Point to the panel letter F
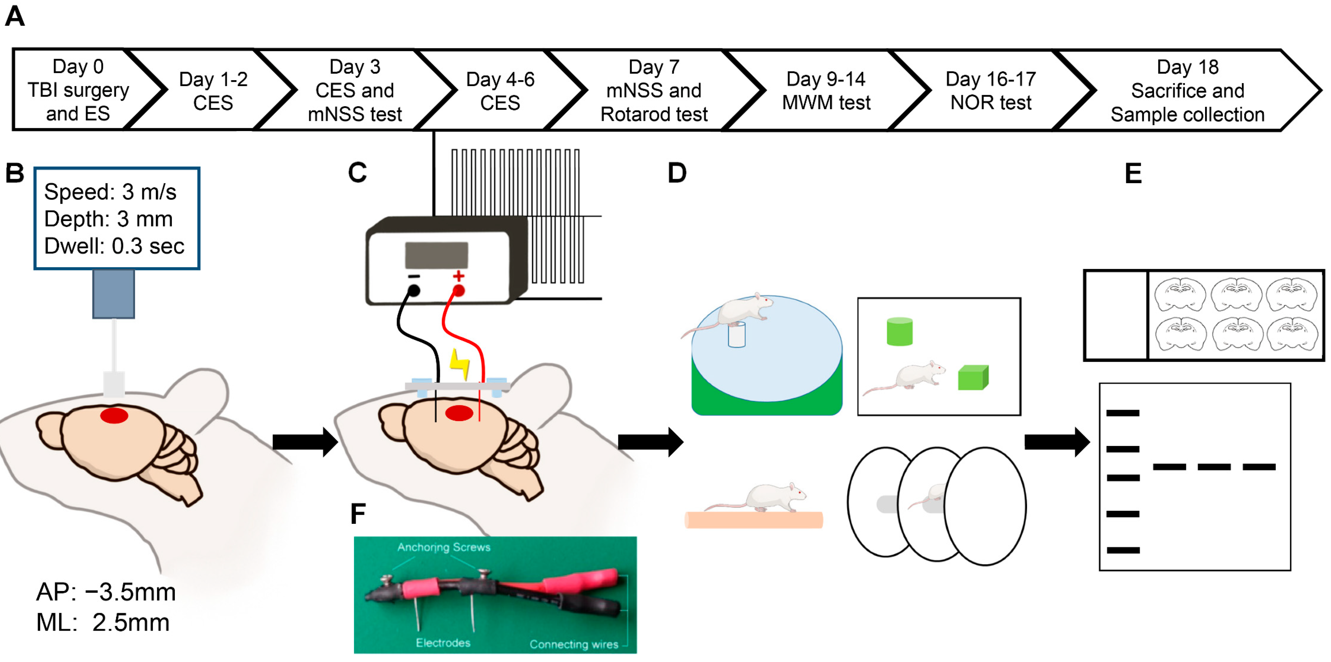358,514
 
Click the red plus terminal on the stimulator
458,290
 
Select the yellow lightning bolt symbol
459,364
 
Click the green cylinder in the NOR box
899,331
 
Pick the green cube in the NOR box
973,377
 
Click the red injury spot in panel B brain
114,416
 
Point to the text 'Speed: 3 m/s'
110,192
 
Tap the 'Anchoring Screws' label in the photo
444,547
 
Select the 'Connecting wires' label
574,644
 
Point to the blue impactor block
114,294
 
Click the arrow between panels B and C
305,442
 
